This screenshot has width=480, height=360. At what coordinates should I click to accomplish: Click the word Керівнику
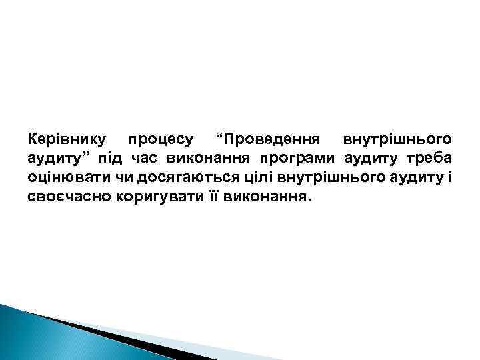tap(67, 140)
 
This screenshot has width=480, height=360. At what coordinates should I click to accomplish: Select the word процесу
tap(161, 140)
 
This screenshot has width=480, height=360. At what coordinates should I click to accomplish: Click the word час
tap(142, 159)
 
